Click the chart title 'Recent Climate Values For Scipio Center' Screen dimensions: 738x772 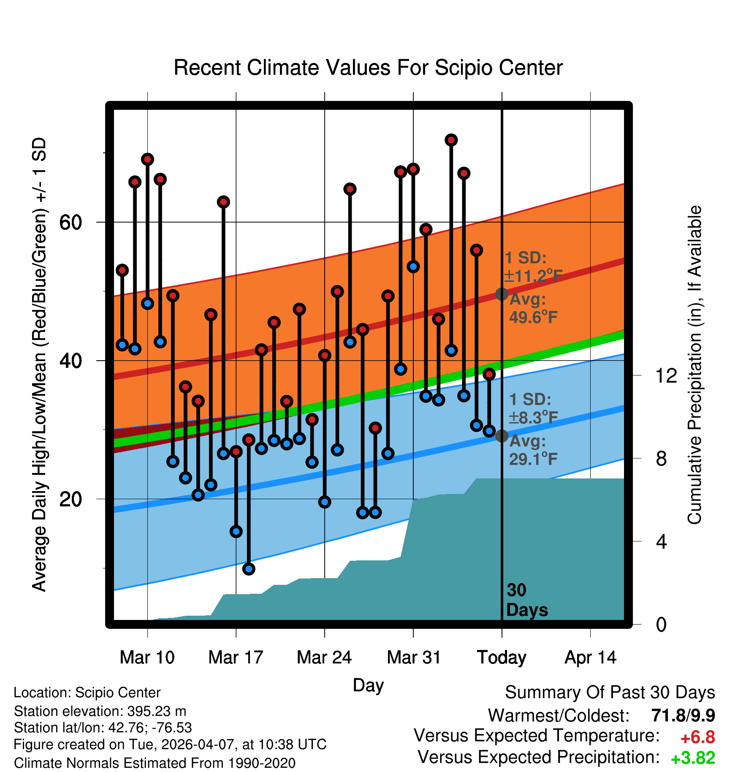click(368, 68)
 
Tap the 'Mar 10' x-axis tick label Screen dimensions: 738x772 click(147, 657)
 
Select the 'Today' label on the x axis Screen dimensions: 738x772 click(502, 658)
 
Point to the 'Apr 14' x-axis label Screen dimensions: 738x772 click(591, 658)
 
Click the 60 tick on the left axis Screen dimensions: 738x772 click(71, 222)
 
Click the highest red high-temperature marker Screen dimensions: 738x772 click(451, 140)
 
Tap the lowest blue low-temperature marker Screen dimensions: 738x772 click(249, 569)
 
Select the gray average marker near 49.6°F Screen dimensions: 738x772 click(502, 294)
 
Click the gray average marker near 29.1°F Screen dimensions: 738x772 click(502, 436)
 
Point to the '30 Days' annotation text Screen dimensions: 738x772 click(527, 600)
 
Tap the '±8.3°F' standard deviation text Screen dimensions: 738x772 click(533, 418)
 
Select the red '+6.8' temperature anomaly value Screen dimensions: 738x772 click(698, 737)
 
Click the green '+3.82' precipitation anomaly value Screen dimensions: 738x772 click(693, 758)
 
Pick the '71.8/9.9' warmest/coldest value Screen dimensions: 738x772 click(683, 715)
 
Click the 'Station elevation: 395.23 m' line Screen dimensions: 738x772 click(100, 711)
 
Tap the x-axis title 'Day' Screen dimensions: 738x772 click(368, 686)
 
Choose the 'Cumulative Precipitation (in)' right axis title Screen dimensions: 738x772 click(694, 365)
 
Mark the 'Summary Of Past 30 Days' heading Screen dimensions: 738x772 click(610, 693)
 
